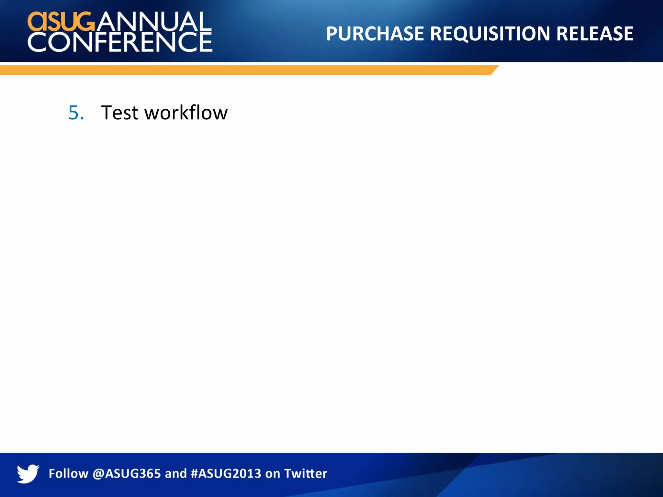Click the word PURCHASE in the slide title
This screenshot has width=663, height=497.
coord(375,34)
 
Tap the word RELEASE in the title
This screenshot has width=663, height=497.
coord(595,34)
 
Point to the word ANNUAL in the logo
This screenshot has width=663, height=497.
coord(153,22)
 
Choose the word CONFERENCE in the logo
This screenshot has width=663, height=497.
coord(120,42)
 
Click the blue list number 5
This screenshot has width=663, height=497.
coord(76,113)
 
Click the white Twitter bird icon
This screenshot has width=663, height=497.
coord(28,473)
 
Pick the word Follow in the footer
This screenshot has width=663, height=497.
coord(68,474)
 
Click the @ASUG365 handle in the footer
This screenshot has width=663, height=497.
coord(127,474)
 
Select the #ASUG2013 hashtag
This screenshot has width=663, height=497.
coord(226,474)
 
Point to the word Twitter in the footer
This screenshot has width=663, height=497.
coord(306,474)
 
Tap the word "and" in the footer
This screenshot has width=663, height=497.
coord(176,474)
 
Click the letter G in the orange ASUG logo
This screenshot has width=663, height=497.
coord(85,22)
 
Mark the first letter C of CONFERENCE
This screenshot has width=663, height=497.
coord(38,42)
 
